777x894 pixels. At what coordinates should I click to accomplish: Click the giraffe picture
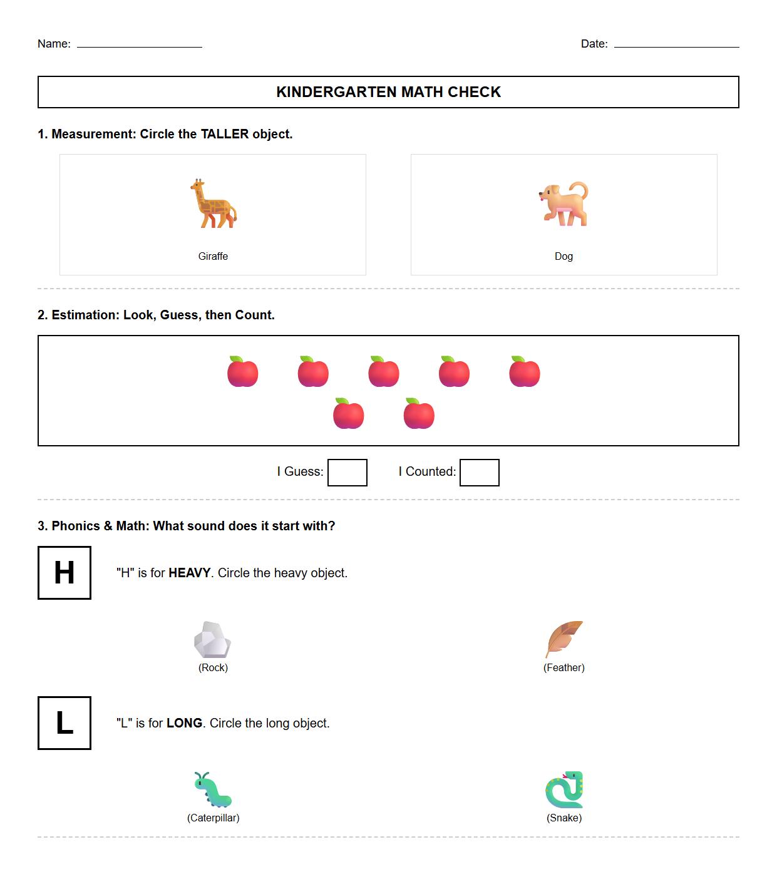[x=213, y=203]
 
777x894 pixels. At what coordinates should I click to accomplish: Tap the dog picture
[x=563, y=204]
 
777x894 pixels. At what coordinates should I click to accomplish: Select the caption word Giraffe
[x=213, y=256]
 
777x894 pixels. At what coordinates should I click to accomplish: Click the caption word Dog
[x=563, y=256]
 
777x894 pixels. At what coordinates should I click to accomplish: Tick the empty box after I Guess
[x=347, y=473]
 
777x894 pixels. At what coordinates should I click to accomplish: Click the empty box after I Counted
[x=479, y=473]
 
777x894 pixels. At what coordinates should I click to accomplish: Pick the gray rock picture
[x=212, y=640]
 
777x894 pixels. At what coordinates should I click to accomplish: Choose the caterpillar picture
[x=212, y=789]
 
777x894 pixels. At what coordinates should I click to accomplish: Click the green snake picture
[x=564, y=789]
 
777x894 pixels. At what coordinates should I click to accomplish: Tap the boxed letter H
[x=64, y=573]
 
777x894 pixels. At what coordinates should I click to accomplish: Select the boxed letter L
[x=64, y=723]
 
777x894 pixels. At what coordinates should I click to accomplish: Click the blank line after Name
[x=139, y=44]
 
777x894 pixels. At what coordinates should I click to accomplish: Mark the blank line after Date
[x=676, y=44]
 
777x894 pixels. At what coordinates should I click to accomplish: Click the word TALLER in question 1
[x=224, y=134]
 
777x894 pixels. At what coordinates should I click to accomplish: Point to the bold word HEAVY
[x=189, y=573]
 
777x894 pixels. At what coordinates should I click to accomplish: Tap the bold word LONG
[x=184, y=723]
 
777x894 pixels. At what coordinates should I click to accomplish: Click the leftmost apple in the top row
[x=243, y=372]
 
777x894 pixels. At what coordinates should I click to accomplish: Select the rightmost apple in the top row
[x=525, y=372]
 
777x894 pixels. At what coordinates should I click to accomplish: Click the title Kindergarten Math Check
[x=388, y=92]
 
